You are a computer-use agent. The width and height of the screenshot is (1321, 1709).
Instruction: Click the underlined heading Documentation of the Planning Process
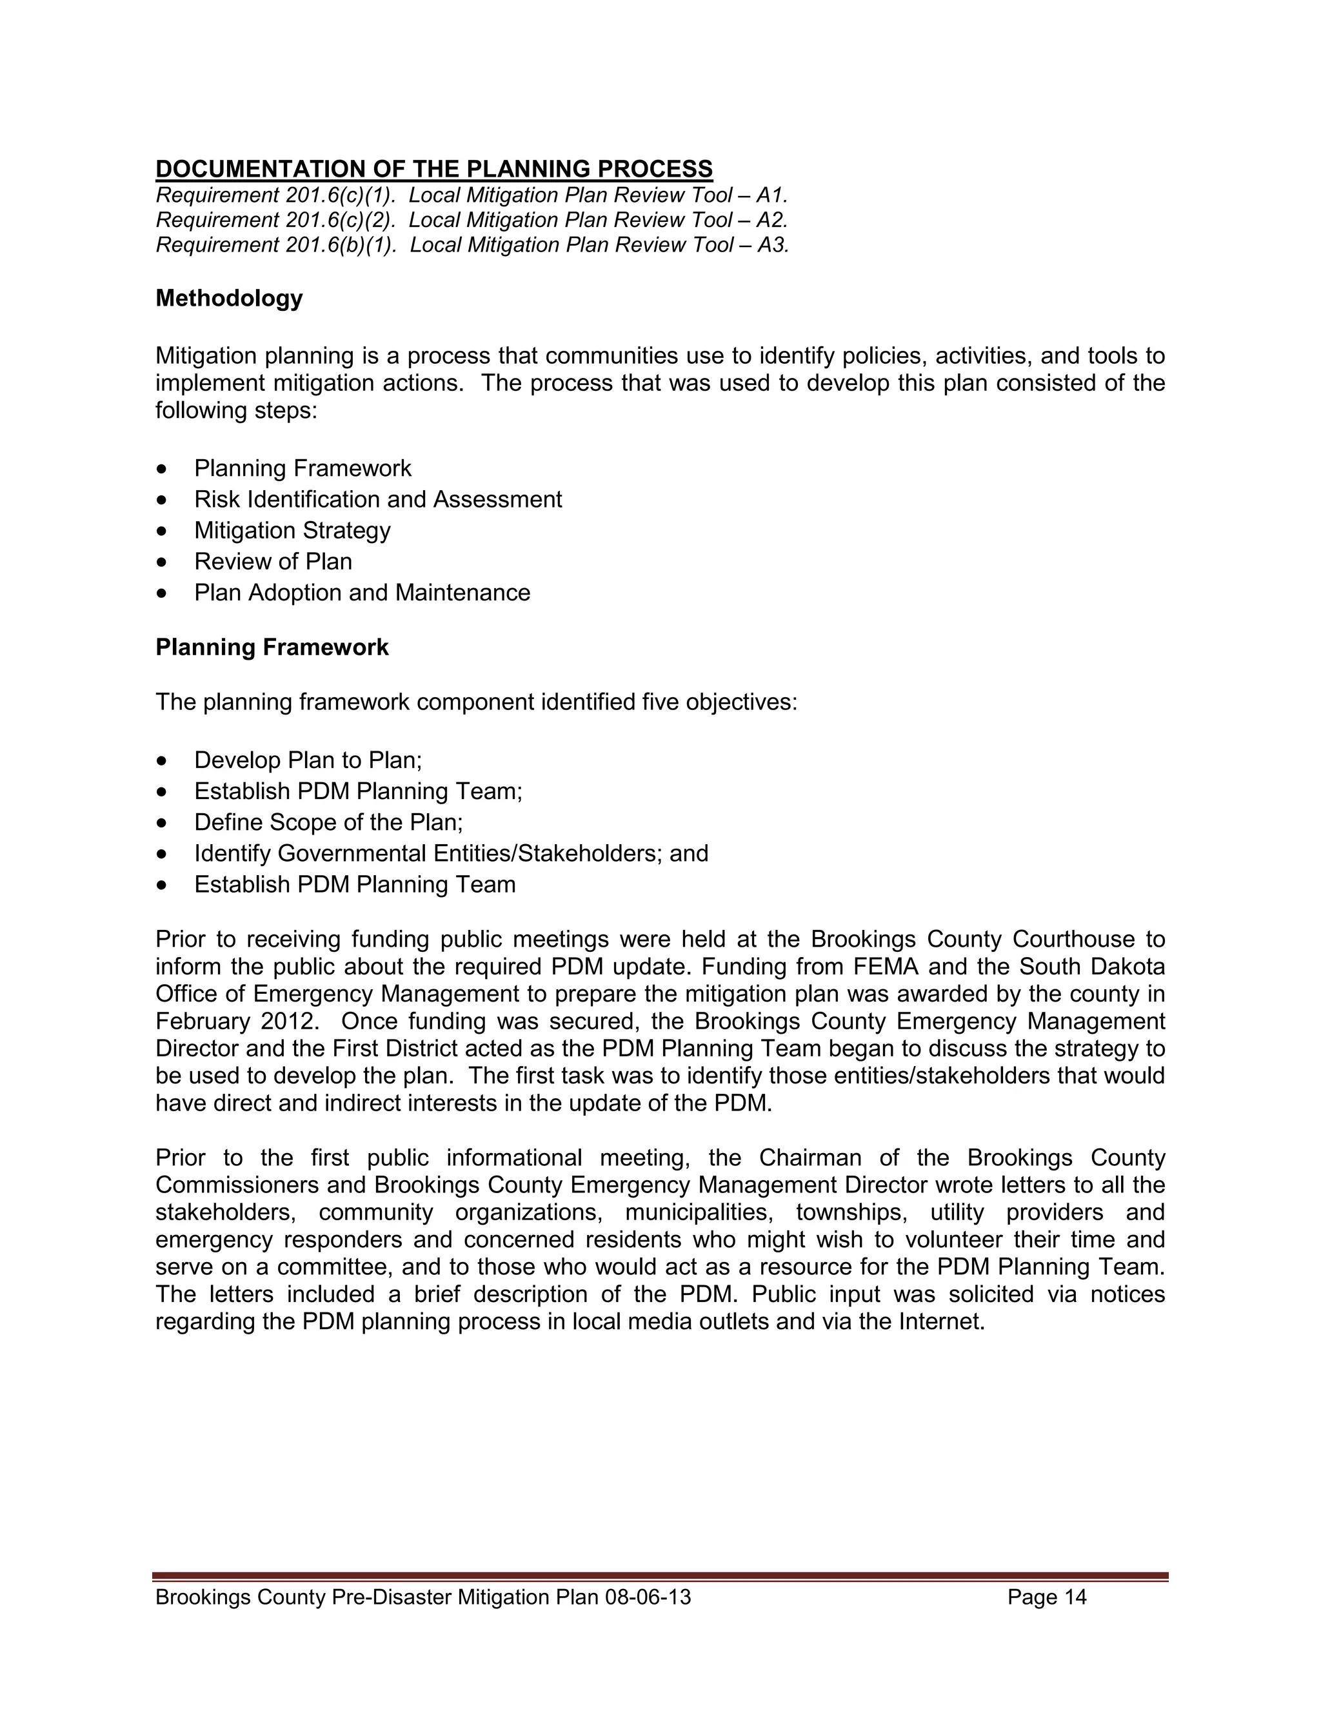(x=433, y=169)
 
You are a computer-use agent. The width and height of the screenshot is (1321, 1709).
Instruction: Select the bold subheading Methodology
(x=228, y=298)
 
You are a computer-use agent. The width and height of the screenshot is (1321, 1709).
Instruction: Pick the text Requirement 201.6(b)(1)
(x=275, y=245)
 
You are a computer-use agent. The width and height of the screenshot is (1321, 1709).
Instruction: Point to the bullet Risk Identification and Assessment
(x=378, y=499)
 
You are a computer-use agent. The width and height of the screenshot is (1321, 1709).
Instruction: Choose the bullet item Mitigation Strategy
(x=292, y=531)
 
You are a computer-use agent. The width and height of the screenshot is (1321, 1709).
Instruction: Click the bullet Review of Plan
(x=273, y=561)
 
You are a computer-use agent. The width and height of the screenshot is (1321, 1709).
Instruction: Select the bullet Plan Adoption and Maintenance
(x=362, y=593)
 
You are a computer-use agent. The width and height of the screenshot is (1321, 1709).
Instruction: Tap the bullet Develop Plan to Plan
(x=308, y=760)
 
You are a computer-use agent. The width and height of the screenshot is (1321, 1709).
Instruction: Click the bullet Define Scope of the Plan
(x=329, y=822)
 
